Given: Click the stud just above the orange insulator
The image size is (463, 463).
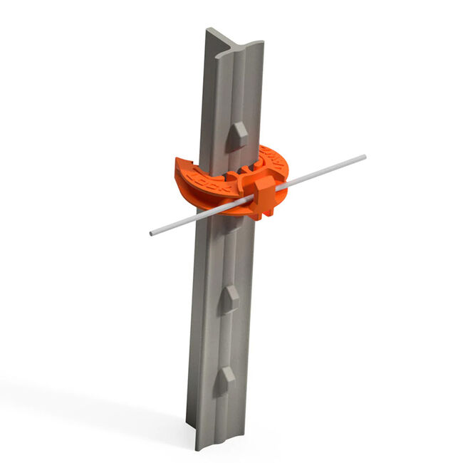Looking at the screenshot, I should (237, 135).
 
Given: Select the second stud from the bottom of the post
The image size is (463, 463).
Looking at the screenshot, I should (229, 298).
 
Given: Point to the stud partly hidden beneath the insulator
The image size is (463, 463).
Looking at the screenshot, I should (233, 223).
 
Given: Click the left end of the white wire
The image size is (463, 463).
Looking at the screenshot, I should (152, 233).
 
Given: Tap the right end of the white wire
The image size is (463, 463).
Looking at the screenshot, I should (363, 157).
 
